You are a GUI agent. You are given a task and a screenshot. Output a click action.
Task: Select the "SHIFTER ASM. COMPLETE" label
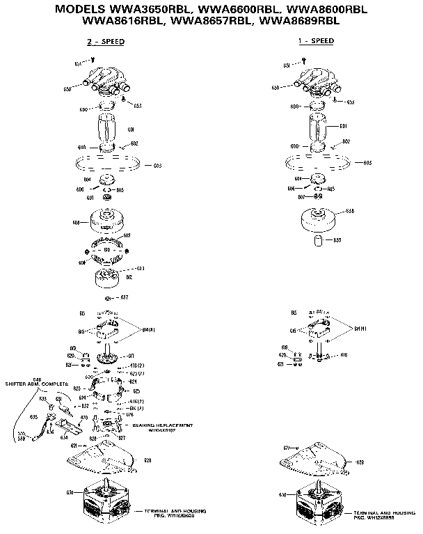[x=37, y=384]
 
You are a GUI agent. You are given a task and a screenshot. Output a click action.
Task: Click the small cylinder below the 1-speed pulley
[x=318, y=242]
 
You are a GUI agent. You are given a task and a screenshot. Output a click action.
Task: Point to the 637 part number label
[x=125, y=297]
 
